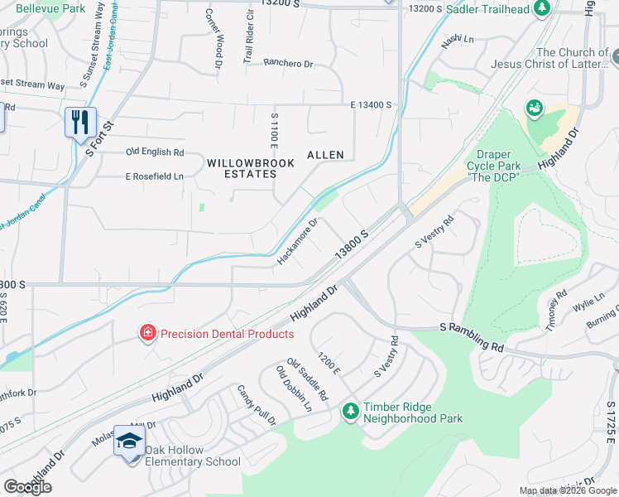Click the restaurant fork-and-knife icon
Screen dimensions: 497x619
click(80, 122)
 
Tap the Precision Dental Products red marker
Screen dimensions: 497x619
click(147, 334)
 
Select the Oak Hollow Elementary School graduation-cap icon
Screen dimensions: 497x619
click(129, 441)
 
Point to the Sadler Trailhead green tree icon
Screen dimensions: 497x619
click(541, 8)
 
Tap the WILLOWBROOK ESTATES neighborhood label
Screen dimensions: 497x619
click(251, 169)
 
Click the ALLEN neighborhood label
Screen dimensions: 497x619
click(325, 155)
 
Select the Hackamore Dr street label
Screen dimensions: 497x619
click(297, 242)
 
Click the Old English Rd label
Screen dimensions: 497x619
click(155, 152)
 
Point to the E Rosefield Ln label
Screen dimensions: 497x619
click(154, 176)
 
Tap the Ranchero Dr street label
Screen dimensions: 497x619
click(288, 63)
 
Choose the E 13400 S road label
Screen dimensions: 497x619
click(370, 105)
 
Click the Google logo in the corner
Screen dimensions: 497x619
click(27, 487)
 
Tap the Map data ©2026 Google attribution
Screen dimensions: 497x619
click(568, 490)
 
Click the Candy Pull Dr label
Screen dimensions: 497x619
click(257, 405)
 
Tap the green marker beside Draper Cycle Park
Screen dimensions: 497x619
click(535, 108)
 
